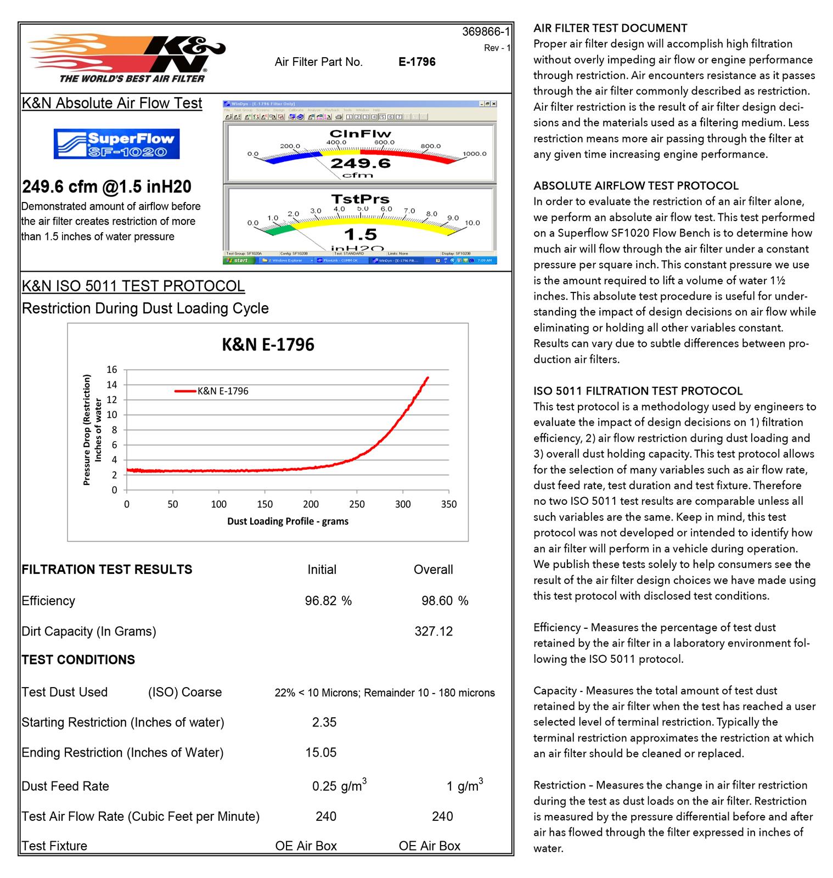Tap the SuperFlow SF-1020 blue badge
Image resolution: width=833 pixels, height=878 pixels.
[116, 144]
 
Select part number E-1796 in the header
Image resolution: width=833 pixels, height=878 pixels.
[417, 62]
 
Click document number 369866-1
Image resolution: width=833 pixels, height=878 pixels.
[486, 32]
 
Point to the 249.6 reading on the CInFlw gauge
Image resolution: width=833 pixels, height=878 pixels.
[360, 163]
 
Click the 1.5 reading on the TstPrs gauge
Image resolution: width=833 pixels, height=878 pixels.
[360, 234]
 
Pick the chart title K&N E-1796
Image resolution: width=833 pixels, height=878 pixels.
[268, 345]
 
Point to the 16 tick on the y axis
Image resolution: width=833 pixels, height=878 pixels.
[112, 370]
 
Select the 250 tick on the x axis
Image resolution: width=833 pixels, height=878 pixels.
[357, 504]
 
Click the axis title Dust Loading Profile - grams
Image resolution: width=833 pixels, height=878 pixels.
[288, 521]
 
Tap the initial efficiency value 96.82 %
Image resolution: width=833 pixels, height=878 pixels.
[328, 601]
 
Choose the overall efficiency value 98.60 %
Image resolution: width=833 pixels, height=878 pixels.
[444, 601]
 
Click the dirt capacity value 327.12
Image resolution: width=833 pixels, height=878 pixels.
[434, 632]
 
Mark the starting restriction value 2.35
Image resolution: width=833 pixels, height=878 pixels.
[324, 722]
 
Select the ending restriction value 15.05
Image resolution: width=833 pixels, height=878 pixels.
[321, 752]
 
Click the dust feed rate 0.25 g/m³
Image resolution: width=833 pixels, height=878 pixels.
[339, 786]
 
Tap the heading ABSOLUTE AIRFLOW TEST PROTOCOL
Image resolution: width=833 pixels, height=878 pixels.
[636, 185]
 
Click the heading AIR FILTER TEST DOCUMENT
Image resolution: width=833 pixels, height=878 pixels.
[610, 28]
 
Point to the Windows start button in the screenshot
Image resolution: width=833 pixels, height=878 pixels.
[239, 261]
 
